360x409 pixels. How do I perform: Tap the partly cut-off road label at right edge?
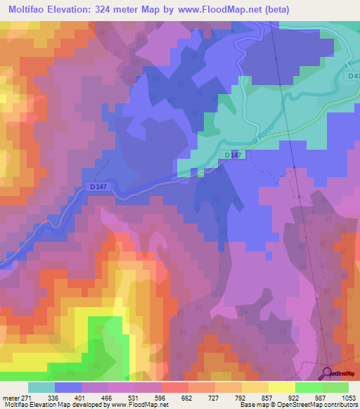point(353,76)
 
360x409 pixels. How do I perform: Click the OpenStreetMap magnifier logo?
point(328,373)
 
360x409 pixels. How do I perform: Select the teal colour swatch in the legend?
point(41,387)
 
